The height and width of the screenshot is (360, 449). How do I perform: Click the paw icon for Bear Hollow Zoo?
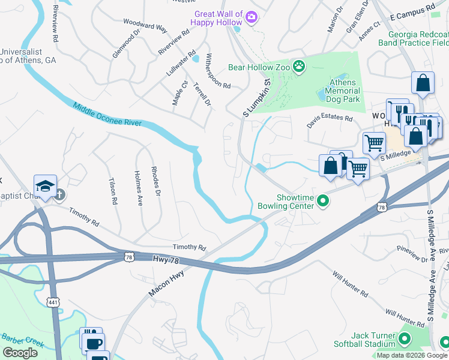(298, 66)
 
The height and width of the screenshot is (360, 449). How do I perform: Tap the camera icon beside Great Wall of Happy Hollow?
(252, 18)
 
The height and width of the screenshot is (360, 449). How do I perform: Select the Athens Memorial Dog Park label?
(342, 91)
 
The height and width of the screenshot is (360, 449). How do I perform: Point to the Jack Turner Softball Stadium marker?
(404, 340)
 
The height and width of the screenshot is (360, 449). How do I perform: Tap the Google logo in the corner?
(20, 352)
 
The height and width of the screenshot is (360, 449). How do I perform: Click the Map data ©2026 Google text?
(412, 355)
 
